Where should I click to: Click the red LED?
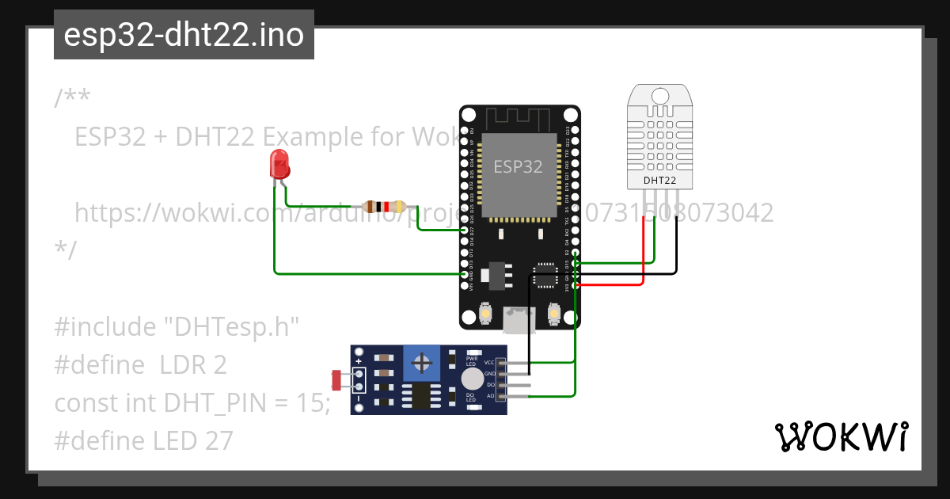pos(279,164)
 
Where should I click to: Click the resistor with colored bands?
pos(383,207)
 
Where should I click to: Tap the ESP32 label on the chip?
pos(519,167)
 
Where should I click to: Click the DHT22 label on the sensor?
pos(659,181)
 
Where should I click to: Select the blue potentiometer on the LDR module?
pos(424,364)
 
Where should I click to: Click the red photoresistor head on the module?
pos(336,380)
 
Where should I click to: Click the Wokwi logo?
pos(840,437)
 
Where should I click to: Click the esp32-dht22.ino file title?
pos(184,35)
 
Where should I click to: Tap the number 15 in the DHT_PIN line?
pos(313,403)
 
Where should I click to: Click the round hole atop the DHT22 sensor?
pos(659,96)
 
